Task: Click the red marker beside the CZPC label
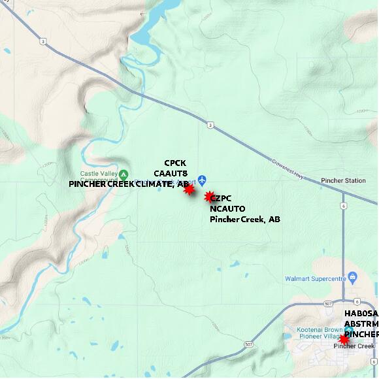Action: click(210, 197)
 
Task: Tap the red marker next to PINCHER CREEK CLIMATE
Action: click(189, 189)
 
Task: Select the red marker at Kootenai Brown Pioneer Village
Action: click(344, 338)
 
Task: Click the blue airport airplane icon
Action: click(203, 179)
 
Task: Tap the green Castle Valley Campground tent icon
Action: click(124, 173)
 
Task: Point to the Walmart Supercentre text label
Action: click(314, 279)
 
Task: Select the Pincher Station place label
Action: click(343, 180)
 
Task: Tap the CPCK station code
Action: click(175, 163)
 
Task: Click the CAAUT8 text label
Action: click(171, 173)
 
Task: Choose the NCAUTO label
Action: click(227, 208)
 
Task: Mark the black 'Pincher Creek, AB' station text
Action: click(244, 219)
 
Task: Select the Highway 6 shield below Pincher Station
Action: click(342, 205)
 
